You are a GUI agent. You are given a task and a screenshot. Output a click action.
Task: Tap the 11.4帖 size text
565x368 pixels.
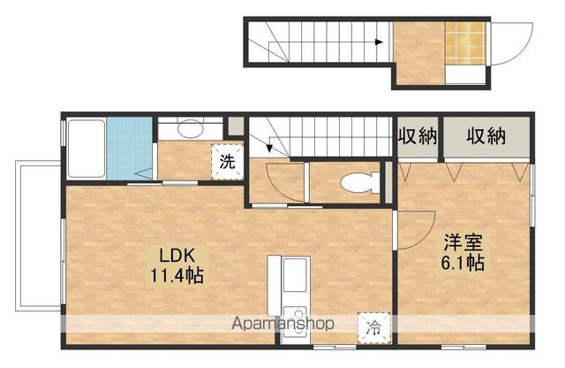pos(177,275)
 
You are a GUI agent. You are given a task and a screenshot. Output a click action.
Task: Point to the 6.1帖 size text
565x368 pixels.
pos(463,263)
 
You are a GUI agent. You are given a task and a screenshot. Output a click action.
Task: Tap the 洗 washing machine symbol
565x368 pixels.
pos(227,162)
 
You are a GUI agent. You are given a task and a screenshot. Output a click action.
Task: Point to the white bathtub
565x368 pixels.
pos(85,148)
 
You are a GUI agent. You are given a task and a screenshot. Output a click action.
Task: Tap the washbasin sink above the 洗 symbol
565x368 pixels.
pos(189,129)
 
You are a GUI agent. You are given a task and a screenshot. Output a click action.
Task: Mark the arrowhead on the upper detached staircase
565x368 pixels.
pos(378,42)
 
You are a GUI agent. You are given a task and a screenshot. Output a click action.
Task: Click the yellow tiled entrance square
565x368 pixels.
pos(464,42)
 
